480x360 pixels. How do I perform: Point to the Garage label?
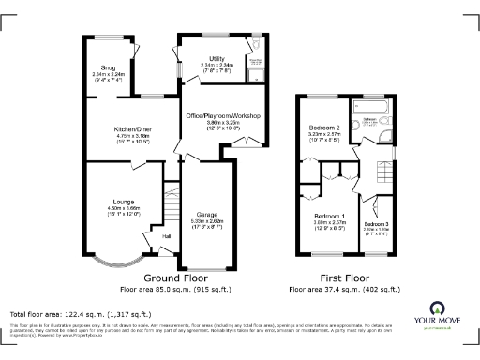point(206,215)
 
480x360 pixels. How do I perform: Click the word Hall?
point(166,236)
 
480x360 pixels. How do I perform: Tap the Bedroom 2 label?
point(323,127)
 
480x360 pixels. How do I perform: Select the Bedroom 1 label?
point(329,217)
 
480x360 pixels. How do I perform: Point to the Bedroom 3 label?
point(376,225)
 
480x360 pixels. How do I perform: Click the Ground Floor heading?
point(174,278)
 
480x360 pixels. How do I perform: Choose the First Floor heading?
point(344,278)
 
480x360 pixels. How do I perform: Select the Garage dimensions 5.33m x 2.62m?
point(206,221)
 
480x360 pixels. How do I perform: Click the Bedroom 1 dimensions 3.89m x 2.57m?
point(329,224)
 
